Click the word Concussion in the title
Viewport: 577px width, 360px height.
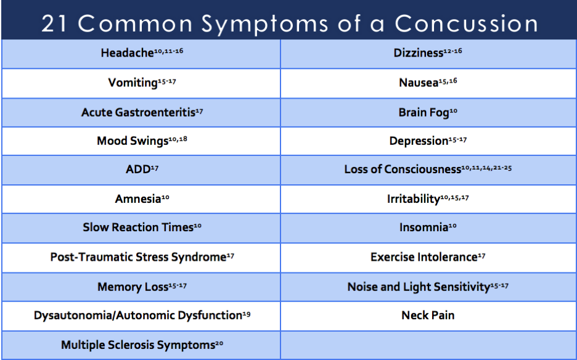coord(467,23)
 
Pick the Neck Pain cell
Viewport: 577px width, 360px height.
coord(427,316)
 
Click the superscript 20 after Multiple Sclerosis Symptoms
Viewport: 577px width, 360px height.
coord(219,343)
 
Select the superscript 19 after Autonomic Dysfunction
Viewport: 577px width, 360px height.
coord(246,314)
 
